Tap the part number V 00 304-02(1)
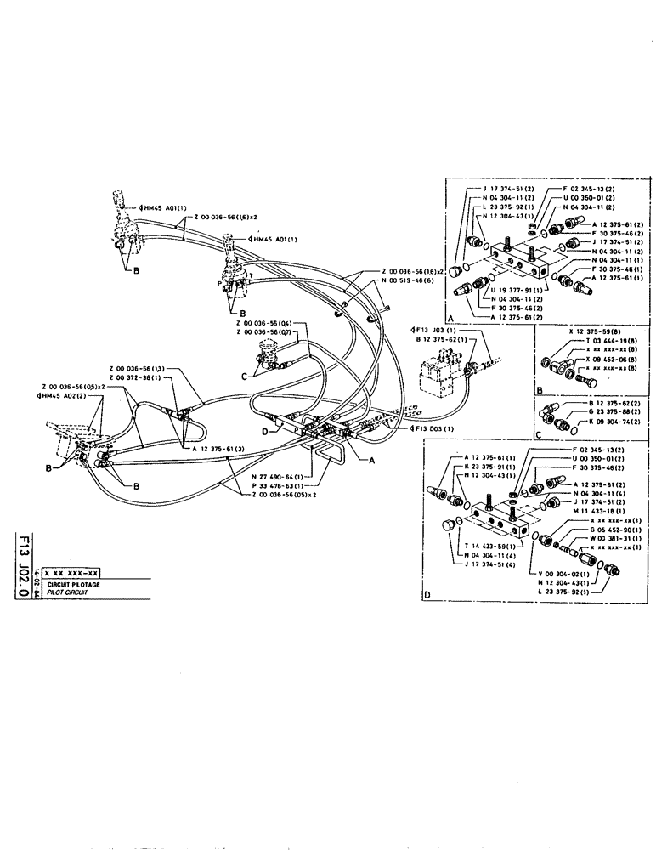(568, 574)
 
